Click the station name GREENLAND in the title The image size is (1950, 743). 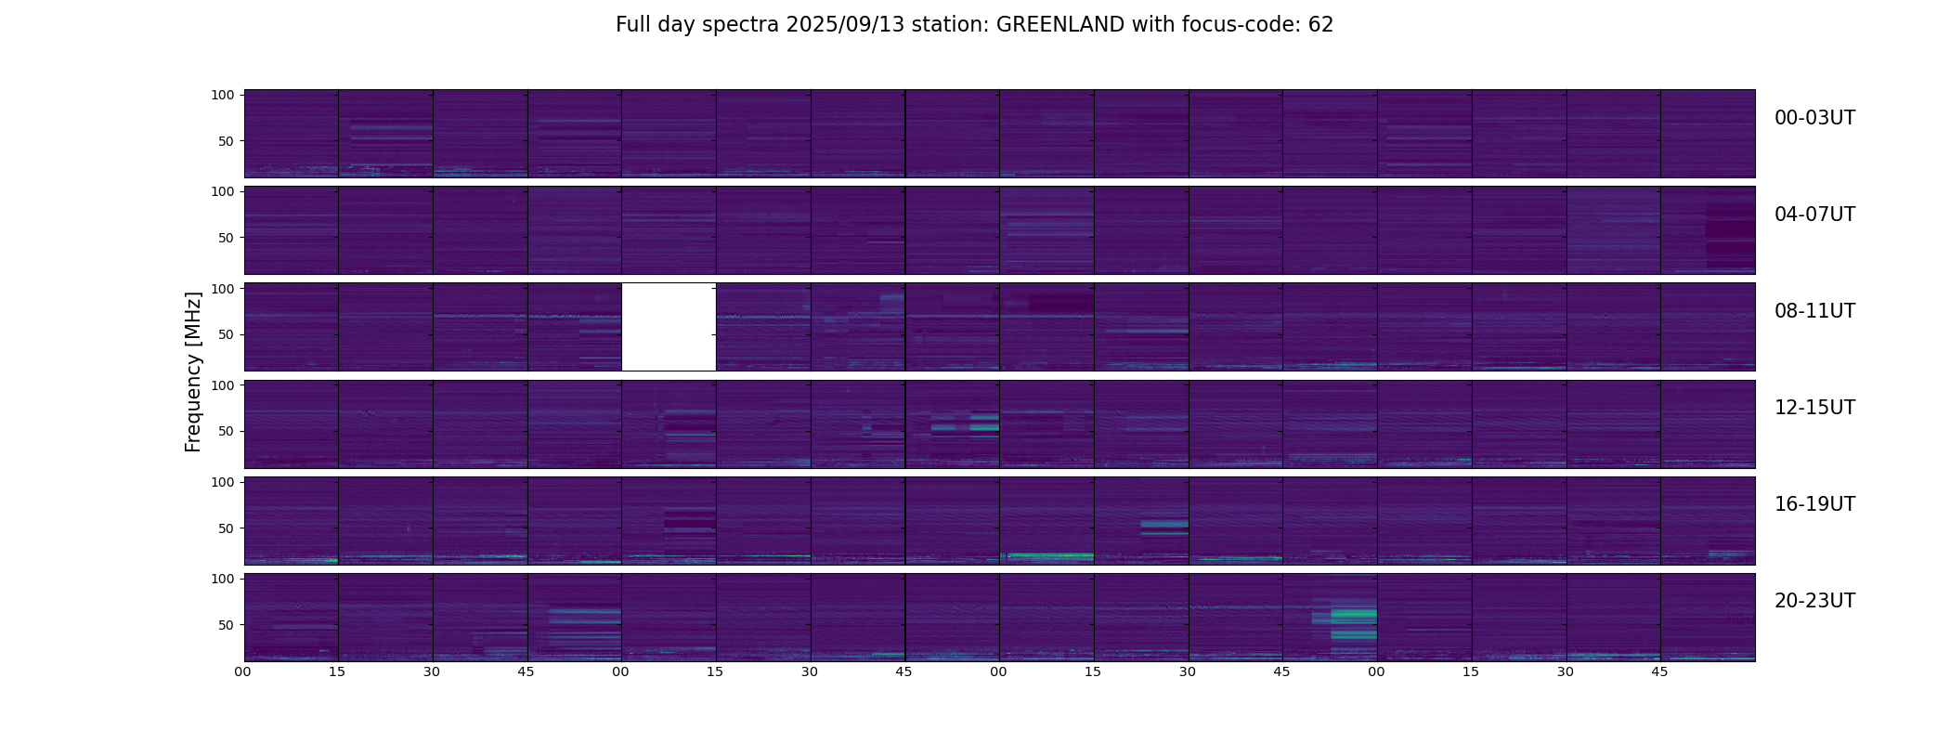coord(1059,25)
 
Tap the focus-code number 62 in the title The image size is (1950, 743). coord(1320,25)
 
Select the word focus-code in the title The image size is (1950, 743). coord(1241,25)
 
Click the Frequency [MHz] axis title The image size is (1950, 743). coord(193,371)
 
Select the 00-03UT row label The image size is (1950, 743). coord(1814,118)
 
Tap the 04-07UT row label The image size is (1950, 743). coord(1814,215)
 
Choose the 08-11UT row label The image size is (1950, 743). coord(1814,311)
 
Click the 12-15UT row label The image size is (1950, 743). coord(1814,408)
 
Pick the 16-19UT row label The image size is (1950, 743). coord(1814,504)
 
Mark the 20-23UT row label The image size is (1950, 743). coord(1814,601)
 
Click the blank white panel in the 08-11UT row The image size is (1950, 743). coord(669,327)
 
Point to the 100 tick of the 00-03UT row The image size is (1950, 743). coord(223,95)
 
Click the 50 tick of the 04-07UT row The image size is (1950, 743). coord(227,238)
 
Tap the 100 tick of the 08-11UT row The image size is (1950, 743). coord(223,289)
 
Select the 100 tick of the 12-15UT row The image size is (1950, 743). coord(223,385)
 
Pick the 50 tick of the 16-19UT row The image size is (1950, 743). coord(227,528)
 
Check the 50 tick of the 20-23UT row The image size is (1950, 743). coord(227,625)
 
